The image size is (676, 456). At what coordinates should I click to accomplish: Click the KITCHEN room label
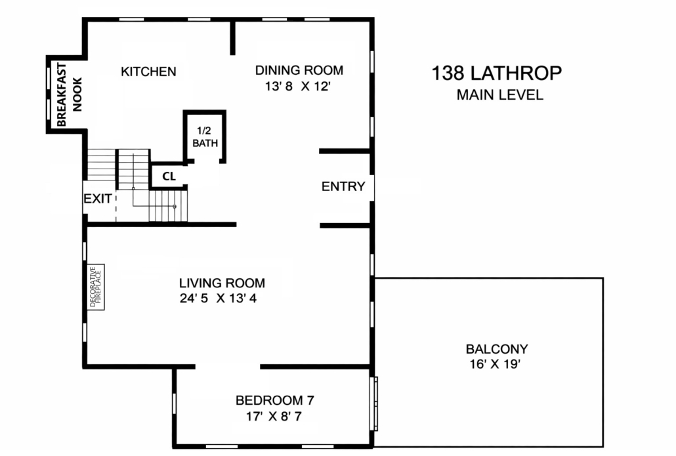click(148, 72)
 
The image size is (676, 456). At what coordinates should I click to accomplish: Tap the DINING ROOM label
click(299, 70)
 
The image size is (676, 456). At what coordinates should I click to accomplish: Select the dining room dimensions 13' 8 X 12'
click(297, 87)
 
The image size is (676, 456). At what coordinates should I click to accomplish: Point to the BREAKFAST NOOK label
click(69, 94)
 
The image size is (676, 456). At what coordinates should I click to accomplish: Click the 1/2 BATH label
click(205, 137)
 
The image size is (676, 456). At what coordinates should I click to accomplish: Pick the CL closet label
click(169, 176)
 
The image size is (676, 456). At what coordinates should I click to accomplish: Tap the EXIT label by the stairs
click(98, 199)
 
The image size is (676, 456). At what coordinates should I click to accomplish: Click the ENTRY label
click(343, 186)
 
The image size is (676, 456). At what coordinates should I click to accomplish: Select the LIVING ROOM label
click(222, 283)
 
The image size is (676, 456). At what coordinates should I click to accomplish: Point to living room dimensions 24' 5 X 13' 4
click(218, 299)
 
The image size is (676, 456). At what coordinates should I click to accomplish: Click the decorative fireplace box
click(96, 287)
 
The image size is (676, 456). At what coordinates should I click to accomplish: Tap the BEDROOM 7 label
click(274, 400)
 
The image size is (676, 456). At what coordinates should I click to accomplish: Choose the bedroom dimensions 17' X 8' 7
click(274, 417)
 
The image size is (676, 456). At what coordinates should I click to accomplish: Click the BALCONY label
click(497, 348)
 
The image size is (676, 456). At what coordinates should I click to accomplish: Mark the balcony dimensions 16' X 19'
click(495, 364)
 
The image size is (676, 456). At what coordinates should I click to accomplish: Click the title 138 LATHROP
click(497, 73)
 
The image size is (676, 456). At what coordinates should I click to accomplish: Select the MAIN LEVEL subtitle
click(499, 95)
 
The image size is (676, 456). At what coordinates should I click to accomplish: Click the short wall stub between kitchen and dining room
click(233, 37)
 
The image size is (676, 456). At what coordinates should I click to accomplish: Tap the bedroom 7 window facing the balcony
click(374, 404)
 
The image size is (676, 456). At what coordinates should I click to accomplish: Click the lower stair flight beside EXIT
click(168, 206)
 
